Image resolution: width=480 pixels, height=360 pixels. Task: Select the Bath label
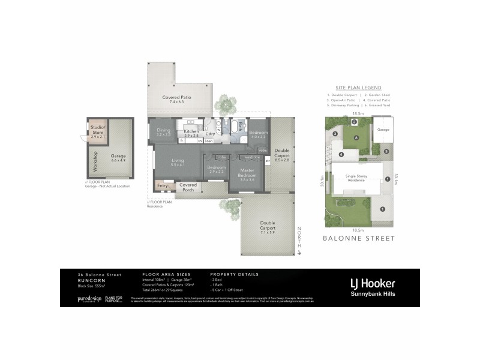pos(240,126)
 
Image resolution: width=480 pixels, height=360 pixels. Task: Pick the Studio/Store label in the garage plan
pos(98,130)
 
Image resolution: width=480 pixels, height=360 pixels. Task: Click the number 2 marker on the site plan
pos(354,122)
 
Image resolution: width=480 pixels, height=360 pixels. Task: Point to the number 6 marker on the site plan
pos(356,137)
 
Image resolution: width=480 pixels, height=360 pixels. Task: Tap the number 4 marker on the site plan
pos(341,154)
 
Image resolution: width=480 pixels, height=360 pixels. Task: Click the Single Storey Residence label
pos(356,178)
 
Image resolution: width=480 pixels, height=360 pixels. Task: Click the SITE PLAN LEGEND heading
pos(358,88)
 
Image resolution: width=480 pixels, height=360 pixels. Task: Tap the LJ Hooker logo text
pos(372,283)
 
